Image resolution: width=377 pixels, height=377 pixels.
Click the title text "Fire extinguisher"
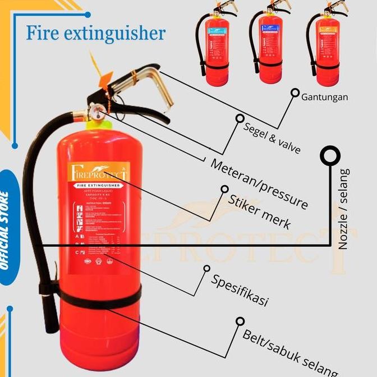pyautogui.click(x=95, y=33)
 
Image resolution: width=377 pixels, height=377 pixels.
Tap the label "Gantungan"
pyautogui.click(x=324, y=97)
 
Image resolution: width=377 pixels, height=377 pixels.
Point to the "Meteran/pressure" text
pyautogui.click(x=259, y=183)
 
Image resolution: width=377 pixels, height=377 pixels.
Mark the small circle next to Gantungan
pyautogui.click(x=294, y=93)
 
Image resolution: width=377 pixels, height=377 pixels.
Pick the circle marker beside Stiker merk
pyautogui.click(x=224, y=189)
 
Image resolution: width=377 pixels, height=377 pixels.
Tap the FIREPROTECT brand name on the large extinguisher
pyautogui.click(x=100, y=173)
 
